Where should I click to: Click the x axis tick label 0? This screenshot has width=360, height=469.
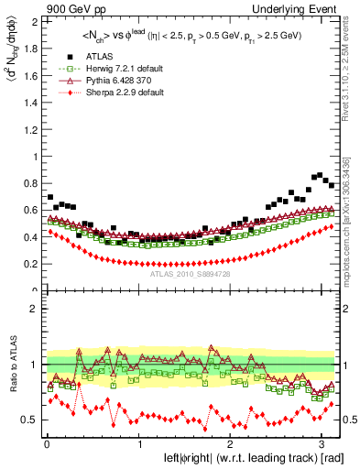[x=46, y=443]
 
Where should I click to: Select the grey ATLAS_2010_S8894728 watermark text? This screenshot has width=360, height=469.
[x=191, y=274]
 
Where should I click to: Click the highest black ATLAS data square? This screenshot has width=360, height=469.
[x=322, y=173]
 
